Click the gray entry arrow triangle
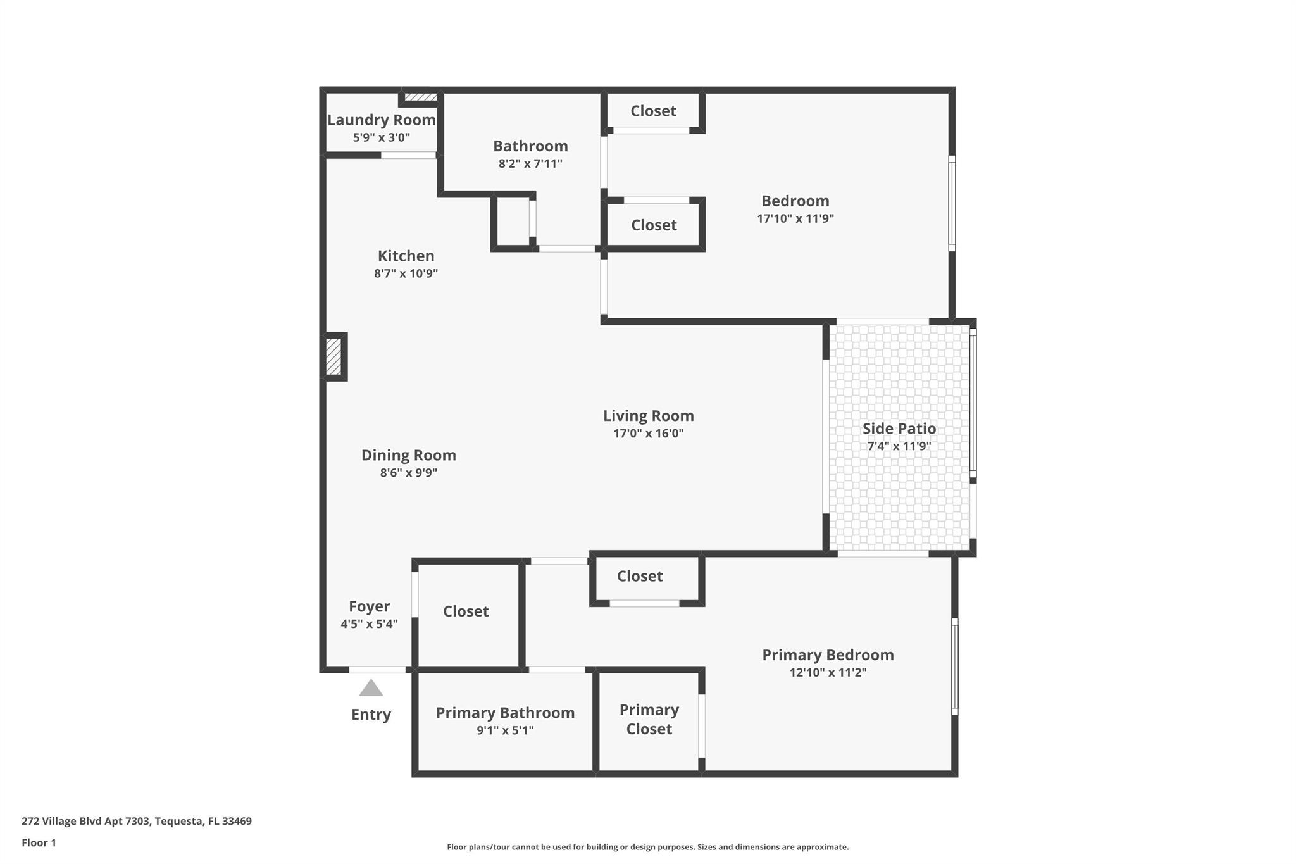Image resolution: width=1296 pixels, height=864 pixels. pyautogui.click(x=371, y=689)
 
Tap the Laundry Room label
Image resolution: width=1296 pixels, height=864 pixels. pyautogui.click(x=381, y=120)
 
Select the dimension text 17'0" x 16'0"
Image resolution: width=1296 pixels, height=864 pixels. pyautogui.click(x=648, y=434)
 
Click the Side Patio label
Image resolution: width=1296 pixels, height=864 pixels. pyautogui.click(x=899, y=429)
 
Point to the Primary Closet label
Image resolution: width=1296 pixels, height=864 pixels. pyautogui.click(x=649, y=719)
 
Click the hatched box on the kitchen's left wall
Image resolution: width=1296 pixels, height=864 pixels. pyautogui.click(x=333, y=356)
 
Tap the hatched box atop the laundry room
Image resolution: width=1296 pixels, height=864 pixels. pyautogui.click(x=421, y=97)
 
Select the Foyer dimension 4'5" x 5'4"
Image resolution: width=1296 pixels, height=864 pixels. pyautogui.click(x=369, y=624)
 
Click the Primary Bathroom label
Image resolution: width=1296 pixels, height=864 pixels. pyautogui.click(x=505, y=713)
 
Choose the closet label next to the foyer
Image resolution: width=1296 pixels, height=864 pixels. pyautogui.click(x=466, y=611)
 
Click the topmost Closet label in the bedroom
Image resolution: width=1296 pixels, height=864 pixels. pyautogui.click(x=653, y=111)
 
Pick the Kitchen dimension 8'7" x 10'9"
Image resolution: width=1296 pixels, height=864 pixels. pyautogui.click(x=406, y=273)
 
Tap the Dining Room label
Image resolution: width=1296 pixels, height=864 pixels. pyautogui.click(x=408, y=455)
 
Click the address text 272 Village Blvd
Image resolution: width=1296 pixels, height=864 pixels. pyautogui.click(x=137, y=821)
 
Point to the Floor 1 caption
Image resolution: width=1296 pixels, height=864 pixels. pyautogui.click(x=39, y=842)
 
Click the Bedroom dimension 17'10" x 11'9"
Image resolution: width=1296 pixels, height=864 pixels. pyautogui.click(x=795, y=218)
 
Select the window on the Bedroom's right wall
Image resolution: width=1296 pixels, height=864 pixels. pyautogui.click(x=952, y=203)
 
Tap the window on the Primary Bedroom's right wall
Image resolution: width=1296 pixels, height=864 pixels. pyautogui.click(x=955, y=667)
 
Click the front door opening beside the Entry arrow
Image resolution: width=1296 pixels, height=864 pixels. pyautogui.click(x=377, y=670)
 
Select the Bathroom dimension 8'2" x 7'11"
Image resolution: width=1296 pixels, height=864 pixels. pyautogui.click(x=530, y=163)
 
